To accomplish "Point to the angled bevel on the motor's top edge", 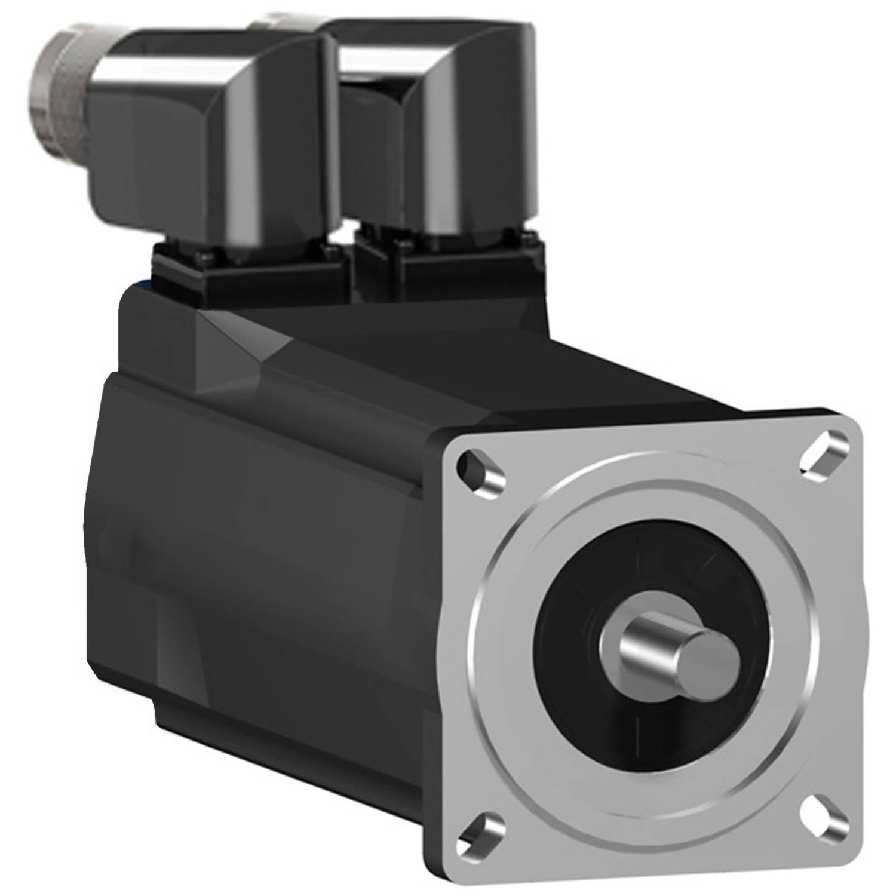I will pyautogui.click(x=239, y=335).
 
